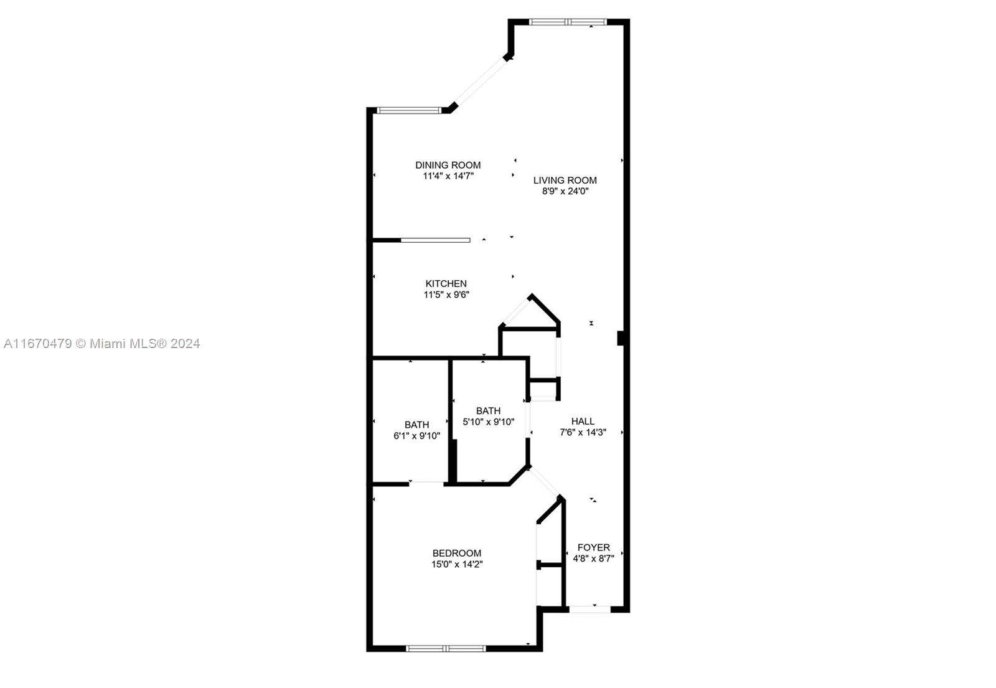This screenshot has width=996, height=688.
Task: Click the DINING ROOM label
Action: pos(448,165)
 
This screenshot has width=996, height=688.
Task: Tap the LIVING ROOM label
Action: pos(565,180)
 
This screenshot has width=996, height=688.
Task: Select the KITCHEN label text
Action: pos(446,284)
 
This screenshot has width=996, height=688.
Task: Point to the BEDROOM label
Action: pos(457,554)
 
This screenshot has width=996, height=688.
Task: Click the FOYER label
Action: pos(594,547)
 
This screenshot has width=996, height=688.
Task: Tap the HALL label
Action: pos(583,421)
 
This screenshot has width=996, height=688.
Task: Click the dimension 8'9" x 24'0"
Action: pos(565,191)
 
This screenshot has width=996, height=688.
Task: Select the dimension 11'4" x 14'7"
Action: pos(448,176)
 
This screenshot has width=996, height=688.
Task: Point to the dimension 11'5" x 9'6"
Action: pos(446,295)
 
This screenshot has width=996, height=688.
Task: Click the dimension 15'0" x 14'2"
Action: pos(457,564)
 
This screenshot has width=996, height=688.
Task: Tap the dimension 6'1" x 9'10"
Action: pos(416,436)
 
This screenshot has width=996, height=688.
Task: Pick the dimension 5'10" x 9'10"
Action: pos(488,422)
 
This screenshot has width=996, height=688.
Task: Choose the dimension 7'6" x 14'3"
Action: pos(583,432)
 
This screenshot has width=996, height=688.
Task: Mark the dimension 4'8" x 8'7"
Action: pos(594,558)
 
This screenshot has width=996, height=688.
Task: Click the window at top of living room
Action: pos(568,22)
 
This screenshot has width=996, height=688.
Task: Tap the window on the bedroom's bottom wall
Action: pos(446,649)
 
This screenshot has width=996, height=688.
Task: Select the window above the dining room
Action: pos(408,110)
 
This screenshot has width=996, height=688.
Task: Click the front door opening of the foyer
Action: pos(590,610)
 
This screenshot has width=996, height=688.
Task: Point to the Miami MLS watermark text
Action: pos(102,343)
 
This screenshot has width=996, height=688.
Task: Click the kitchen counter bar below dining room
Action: pos(435,240)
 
